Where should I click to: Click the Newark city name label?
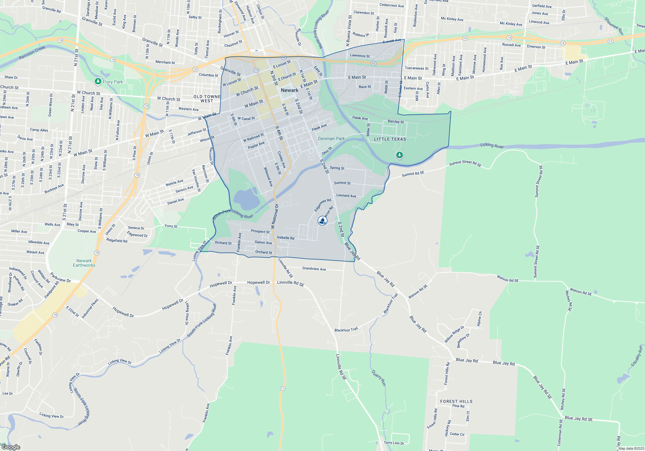[x=289, y=90]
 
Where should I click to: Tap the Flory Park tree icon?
[x=98, y=82]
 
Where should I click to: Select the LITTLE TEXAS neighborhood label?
[x=390, y=139]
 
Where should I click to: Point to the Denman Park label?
[x=331, y=139]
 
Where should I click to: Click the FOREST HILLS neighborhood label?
[x=456, y=401]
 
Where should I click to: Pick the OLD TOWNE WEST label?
[x=207, y=99]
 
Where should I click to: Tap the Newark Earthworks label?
[x=84, y=263]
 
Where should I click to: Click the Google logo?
[x=11, y=447]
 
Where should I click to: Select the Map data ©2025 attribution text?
[x=631, y=448]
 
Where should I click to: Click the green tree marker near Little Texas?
[x=399, y=155]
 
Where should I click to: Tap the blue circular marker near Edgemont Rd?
[x=322, y=220]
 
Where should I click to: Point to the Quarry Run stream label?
[x=379, y=378]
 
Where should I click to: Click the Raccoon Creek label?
[x=32, y=53]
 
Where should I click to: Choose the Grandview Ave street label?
[x=314, y=269]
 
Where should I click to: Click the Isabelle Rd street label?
[x=285, y=238]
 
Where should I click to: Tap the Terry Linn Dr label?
[x=394, y=443]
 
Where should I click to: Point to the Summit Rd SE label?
[x=413, y=174]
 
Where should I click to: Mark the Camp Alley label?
[x=39, y=130]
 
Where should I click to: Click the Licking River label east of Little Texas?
[x=492, y=145]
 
